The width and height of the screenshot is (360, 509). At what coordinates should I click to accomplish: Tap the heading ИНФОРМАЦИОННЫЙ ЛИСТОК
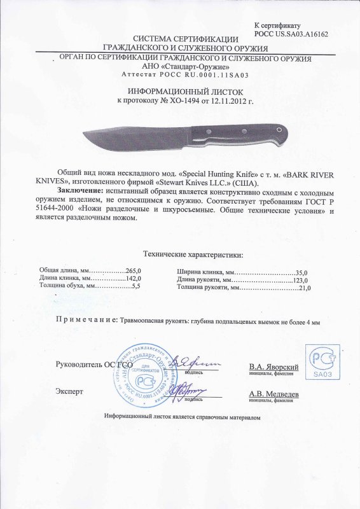point(180,92)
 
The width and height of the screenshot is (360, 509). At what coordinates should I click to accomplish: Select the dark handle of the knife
point(242,133)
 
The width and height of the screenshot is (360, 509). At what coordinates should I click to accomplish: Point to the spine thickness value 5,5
point(134,288)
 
